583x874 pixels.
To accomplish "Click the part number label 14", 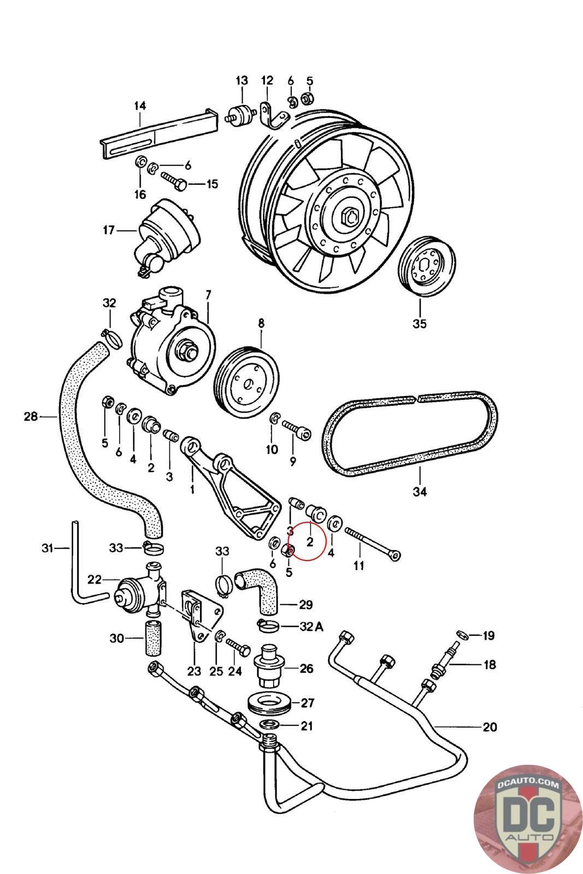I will pyautogui.click(x=140, y=105).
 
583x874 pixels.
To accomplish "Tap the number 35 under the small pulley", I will pyautogui.click(x=419, y=323).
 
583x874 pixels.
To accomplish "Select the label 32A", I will pyautogui.click(x=311, y=627).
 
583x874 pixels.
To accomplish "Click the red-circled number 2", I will pyautogui.click(x=310, y=541).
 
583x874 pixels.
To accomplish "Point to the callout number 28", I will pyautogui.click(x=31, y=417).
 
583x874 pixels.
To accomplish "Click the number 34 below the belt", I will pyautogui.click(x=419, y=492).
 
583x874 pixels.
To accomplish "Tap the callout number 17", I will pyautogui.click(x=109, y=231).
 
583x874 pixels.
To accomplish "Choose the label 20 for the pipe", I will pyautogui.click(x=490, y=727).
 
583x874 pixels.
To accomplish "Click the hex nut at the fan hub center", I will pyautogui.click(x=349, y=218).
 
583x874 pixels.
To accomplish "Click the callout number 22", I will pyautogui.click(x=95, y=580).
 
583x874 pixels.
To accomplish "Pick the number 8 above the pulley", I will pyautogui.click(x=261, y=323).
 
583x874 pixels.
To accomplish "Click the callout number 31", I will pyautogui.click(x=49, y=548).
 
